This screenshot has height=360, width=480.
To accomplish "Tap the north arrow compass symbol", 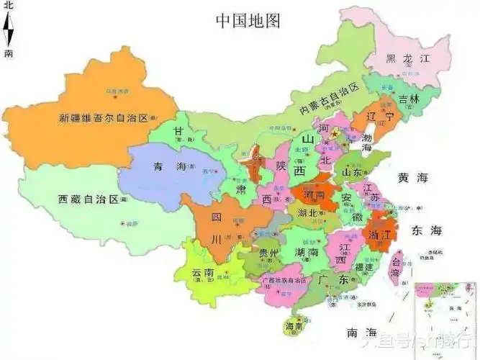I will coord(8,29).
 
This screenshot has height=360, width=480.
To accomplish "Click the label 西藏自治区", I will coord(88,199).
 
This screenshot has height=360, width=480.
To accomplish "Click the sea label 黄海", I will coord(412,177).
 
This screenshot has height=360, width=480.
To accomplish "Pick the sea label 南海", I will coord(361,333).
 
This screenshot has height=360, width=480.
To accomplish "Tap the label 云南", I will coord(203,274).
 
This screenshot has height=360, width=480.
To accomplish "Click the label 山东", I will coord(351,173).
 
